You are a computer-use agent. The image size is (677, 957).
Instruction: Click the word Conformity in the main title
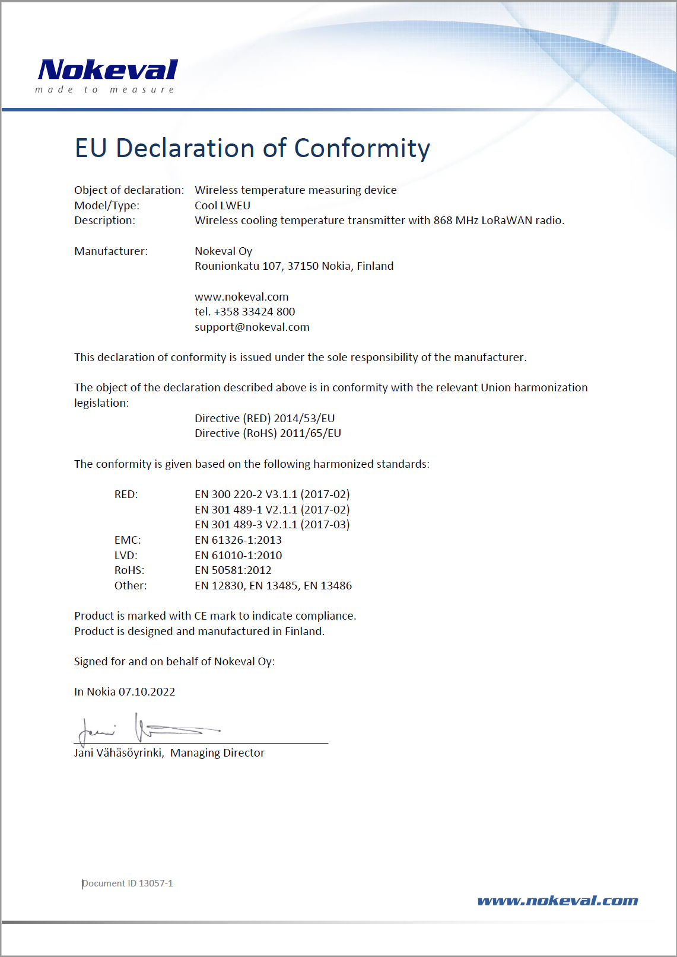pos(362,148)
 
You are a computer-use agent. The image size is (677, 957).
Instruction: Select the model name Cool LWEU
pos(223,206)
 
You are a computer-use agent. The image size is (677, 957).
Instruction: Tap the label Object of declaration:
pos(129,190)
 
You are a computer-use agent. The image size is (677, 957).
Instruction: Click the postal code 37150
pos(303,266)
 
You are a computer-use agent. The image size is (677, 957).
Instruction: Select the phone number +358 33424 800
pos(255,312)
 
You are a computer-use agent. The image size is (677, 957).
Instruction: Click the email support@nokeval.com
pos(252,327)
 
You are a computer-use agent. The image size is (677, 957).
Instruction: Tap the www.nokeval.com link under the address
pos(241,297)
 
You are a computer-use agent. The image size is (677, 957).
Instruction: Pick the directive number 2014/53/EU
pos(304,419)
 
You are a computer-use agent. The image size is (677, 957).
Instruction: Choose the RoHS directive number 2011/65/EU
pos(310,433)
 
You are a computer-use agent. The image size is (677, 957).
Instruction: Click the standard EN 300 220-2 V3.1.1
pos(246,495)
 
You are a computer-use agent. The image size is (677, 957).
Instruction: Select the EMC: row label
pos(128,540)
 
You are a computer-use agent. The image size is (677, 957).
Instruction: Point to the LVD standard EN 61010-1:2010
pos(239,556)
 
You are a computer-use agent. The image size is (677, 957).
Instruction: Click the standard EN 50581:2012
pos(233,570)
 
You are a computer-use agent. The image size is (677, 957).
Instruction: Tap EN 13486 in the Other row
pos(328,586)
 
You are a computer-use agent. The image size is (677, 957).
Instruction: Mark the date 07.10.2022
pos(147,692)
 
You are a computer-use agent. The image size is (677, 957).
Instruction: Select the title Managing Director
pos(217,753)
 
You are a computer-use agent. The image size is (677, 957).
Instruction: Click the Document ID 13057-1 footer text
pos(128,883)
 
